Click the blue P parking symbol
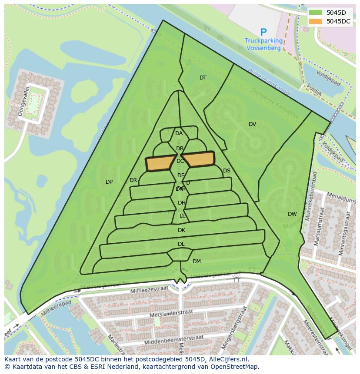click(x=263, y=32)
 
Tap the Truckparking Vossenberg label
click(x=263, y=44)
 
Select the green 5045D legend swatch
click(x=316, y=13)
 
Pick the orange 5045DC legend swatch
click(x=316, y=21)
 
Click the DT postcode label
click(x=203, y=78)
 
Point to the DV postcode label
click(x=252, y=124)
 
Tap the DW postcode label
click(x=292, y=214)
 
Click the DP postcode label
click(x=109, y=182)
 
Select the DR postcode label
click(x=133, y=180)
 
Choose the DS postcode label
click(x=227, y=171)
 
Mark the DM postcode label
click(x=197, y=261)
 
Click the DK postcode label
click(x=181, y=230)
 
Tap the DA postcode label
click(x=179, y=133)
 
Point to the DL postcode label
click(x=181, y=244)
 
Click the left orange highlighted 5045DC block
click(x=159, y=163)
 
